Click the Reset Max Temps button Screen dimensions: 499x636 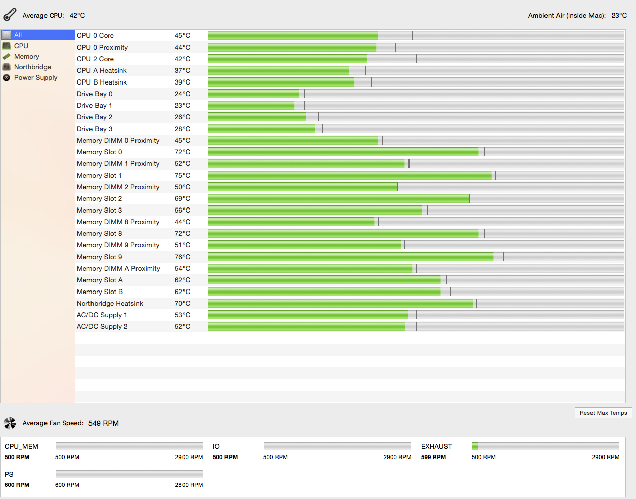pos(603,413)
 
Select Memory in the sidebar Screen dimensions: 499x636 pos(26,57)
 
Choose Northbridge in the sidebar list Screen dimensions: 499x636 pos(32,67)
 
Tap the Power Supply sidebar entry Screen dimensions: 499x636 pos(35,78)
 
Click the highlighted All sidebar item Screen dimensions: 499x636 pos(18,35)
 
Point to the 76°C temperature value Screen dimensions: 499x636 pos(183,257)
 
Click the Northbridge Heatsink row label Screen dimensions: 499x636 pos(110,304)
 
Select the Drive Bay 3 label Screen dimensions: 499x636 pos(95,129)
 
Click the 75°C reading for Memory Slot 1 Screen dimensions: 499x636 pos(183,176)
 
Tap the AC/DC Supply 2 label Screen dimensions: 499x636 pos(102,327)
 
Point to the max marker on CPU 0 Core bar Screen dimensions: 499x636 pos(413,35)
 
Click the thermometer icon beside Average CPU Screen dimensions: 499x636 pos(10,15)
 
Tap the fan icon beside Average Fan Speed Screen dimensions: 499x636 pos(10,423)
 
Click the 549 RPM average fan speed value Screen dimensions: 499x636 pos(104,423)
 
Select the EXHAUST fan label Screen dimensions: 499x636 pos(436,446)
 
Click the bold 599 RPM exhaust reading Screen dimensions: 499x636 pos(433,457)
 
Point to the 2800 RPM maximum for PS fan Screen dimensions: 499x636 pos(189,485)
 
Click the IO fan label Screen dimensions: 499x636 pos(216,446)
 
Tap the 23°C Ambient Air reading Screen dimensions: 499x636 pos(619,16)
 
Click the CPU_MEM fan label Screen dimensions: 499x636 pos(21,446)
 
